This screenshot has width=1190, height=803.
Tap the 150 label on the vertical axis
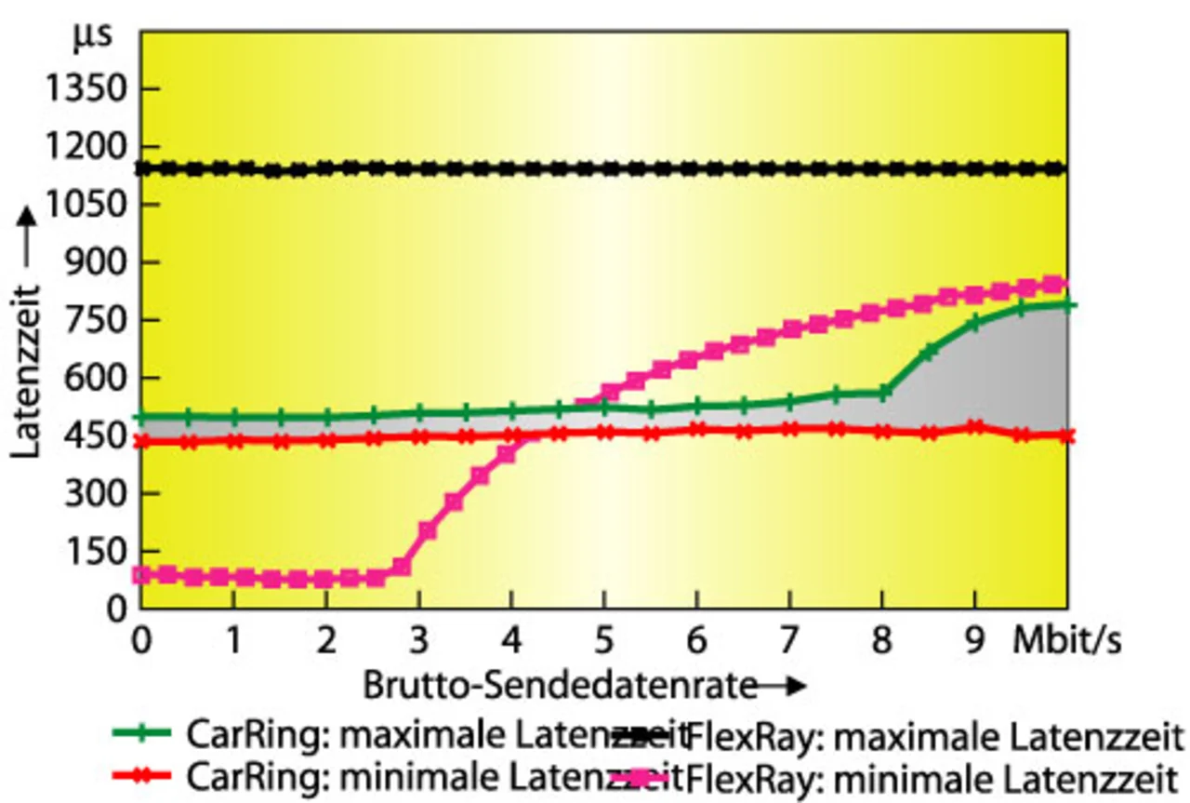click(102, 553)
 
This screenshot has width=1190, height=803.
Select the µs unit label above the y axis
click(93, 35)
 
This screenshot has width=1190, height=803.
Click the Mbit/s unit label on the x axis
click(1066, 642)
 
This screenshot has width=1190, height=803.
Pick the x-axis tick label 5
click(604, 642)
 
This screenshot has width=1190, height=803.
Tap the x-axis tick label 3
click(418, 642)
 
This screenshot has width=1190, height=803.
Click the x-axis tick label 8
click(882, 642)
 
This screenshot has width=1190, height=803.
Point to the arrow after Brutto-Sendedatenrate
click(781, 687)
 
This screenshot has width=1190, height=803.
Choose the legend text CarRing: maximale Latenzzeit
click(437, 734)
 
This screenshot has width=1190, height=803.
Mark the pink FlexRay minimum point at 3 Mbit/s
click(427, 531)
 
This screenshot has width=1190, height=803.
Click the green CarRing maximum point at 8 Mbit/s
click(883, 393)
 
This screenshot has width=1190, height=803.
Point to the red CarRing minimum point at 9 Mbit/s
click(974, 427)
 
